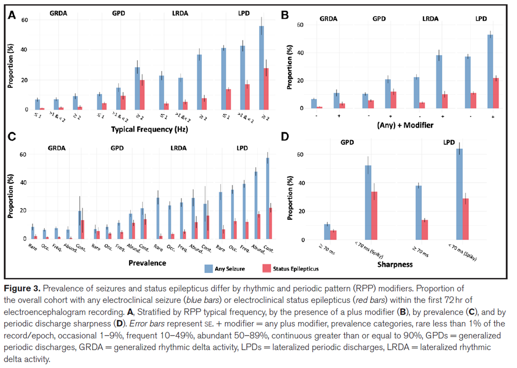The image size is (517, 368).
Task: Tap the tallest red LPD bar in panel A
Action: [x=266, y=89]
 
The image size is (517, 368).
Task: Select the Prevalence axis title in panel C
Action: [x=147, y=263]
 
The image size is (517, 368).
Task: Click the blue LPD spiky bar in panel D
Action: [x=460, y=194]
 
